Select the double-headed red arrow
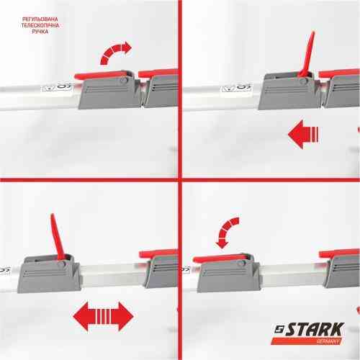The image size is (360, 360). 104,315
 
